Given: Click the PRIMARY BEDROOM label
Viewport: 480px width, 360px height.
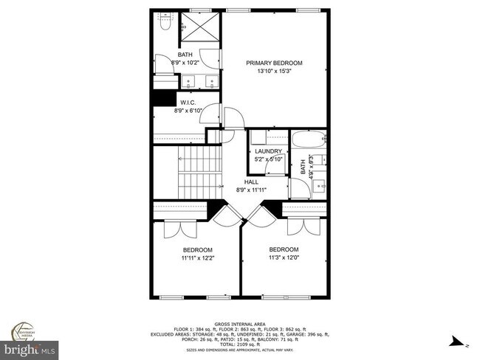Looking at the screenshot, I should click(x=274, y=63).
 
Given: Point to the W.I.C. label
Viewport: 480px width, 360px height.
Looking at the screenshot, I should click(x=188, y=102).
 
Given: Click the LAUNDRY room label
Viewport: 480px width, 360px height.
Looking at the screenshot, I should click(x=268, y=150).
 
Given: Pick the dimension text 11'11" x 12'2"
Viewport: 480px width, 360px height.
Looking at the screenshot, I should click(x=197, y=258).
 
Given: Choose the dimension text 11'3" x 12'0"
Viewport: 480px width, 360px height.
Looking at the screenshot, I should click(x=283, y=257).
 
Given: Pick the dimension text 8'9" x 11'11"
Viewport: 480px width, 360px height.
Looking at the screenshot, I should click(x=250, y=190).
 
